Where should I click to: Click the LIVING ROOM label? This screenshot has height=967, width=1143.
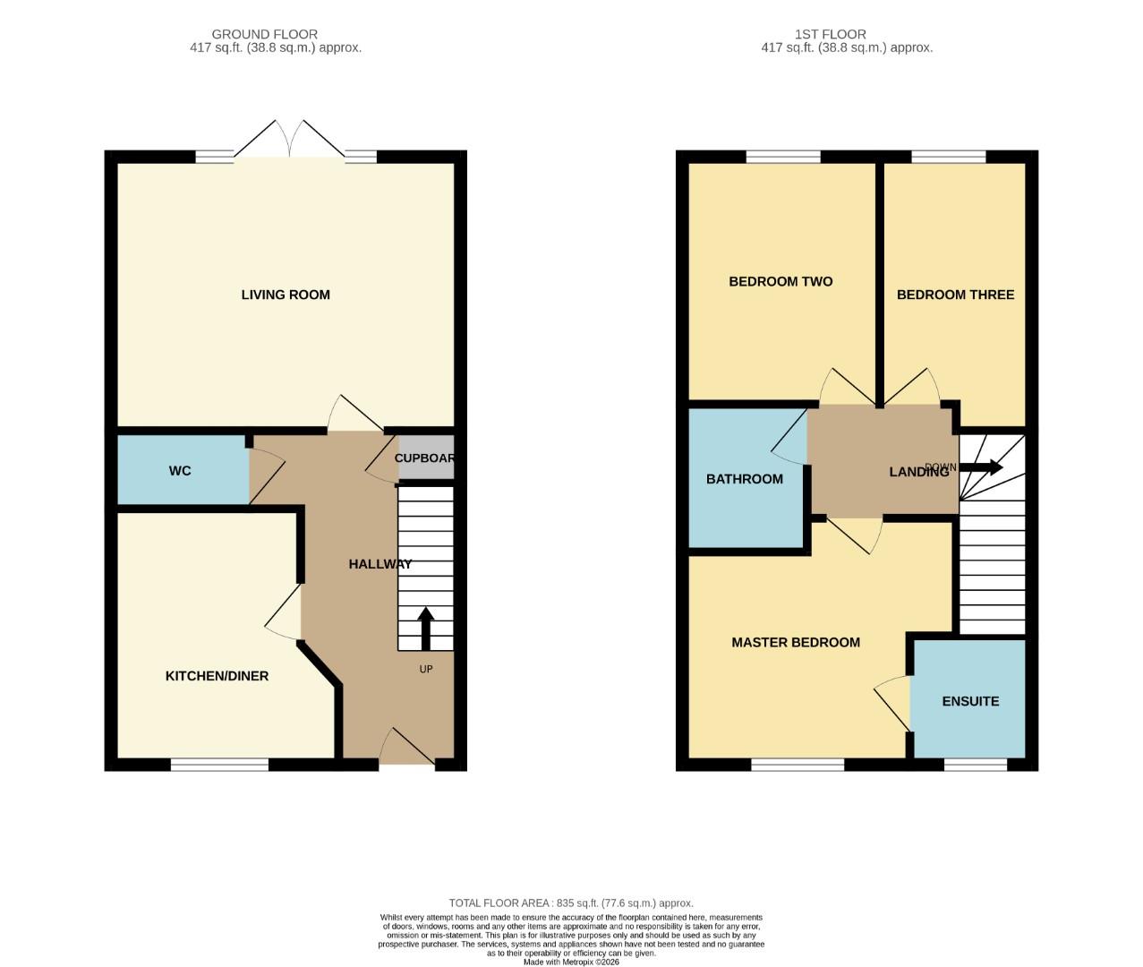(286, 295)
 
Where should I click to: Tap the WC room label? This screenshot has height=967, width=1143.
(180, 471)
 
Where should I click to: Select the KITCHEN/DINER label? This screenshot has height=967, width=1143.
(217, 676)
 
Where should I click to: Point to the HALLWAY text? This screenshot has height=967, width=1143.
(380, 564)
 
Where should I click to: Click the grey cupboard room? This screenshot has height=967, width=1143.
(426, 458)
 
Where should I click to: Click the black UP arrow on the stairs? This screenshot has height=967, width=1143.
(425, 628)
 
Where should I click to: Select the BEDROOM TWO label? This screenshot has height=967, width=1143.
(780, 281)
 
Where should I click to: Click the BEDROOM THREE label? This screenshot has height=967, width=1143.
(955, 295)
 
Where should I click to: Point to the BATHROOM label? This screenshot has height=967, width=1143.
(745, 479)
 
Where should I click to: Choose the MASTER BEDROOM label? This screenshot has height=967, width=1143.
(796, 642)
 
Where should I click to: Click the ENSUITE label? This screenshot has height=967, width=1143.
(970, 701)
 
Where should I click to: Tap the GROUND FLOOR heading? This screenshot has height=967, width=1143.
(264, 34)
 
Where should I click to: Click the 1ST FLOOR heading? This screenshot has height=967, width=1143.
(830, 34)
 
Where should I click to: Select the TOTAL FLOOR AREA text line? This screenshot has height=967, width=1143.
(571, 903)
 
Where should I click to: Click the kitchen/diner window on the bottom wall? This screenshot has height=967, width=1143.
(219, 765)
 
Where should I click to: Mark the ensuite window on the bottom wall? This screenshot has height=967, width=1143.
(975, 765)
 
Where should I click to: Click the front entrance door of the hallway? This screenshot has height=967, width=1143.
(407, 759)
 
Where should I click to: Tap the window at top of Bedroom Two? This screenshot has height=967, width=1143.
(783, 158)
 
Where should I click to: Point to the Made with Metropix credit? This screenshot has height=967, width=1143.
(571, 962)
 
